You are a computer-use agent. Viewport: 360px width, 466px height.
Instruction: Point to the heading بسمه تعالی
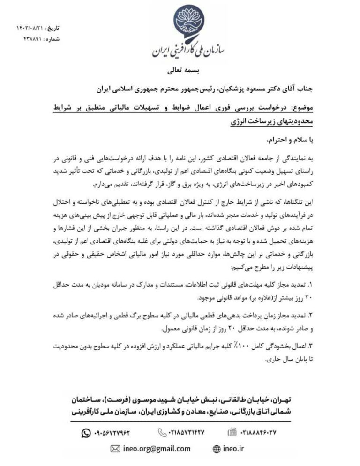click(182, 72)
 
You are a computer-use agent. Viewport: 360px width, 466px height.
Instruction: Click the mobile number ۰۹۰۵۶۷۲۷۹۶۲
click(113, 433)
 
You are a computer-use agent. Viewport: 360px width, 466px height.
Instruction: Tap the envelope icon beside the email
click(115, 449)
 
